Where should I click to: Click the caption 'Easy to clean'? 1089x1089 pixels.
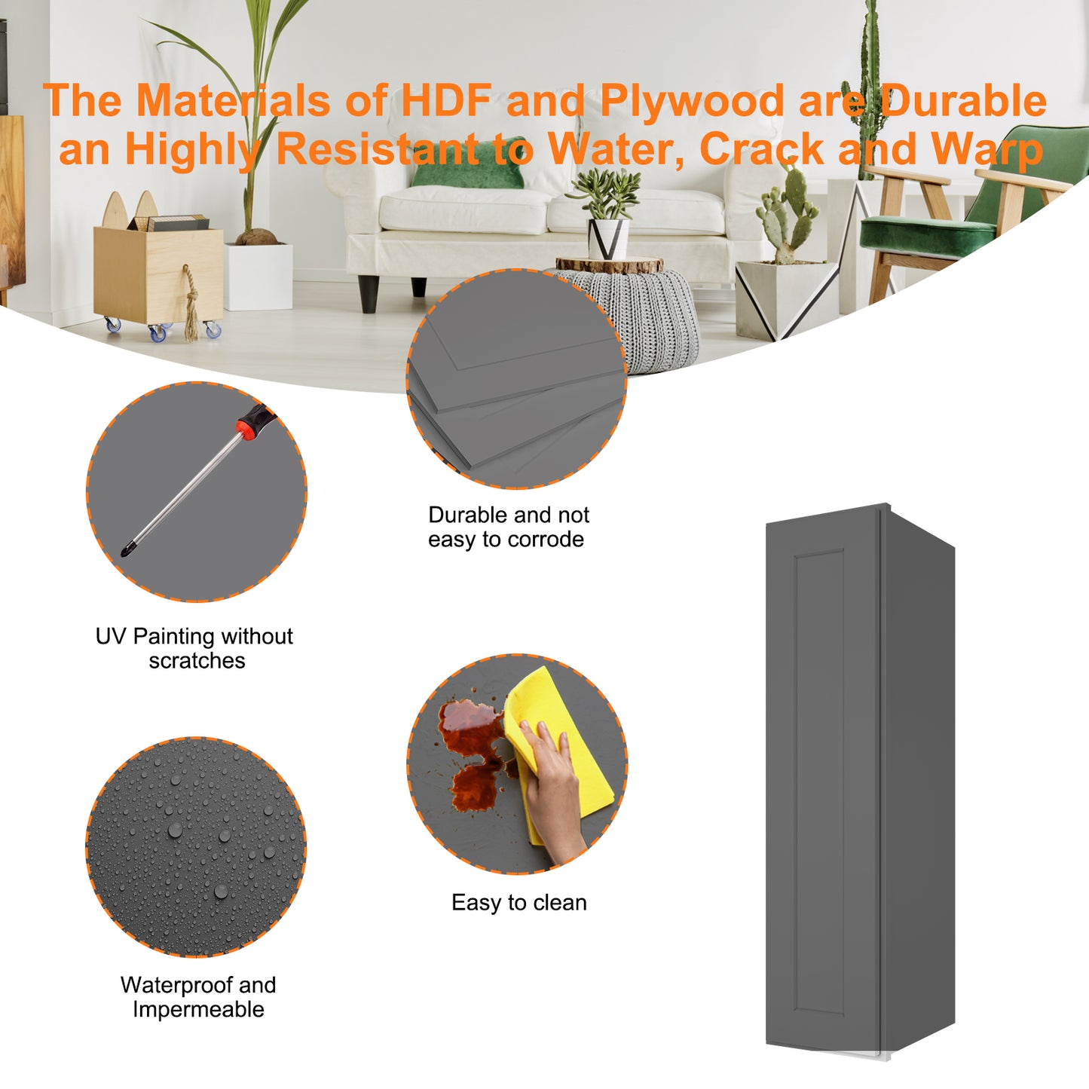click(x=518, y=903)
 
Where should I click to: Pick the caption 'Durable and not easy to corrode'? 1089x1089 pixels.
click(x=508, y=528)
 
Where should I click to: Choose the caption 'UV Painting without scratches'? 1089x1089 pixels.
click(x=194, y=648)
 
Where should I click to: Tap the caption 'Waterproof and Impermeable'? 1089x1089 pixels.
click(x=197, y=997)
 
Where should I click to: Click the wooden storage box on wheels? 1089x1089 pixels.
click(x=158, y=274)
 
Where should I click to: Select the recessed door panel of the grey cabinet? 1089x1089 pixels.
click(x=819, y=781)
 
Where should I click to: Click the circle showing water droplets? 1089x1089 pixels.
click(x=196, y=847)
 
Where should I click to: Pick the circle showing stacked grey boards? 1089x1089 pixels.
click(x=516, y=378)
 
